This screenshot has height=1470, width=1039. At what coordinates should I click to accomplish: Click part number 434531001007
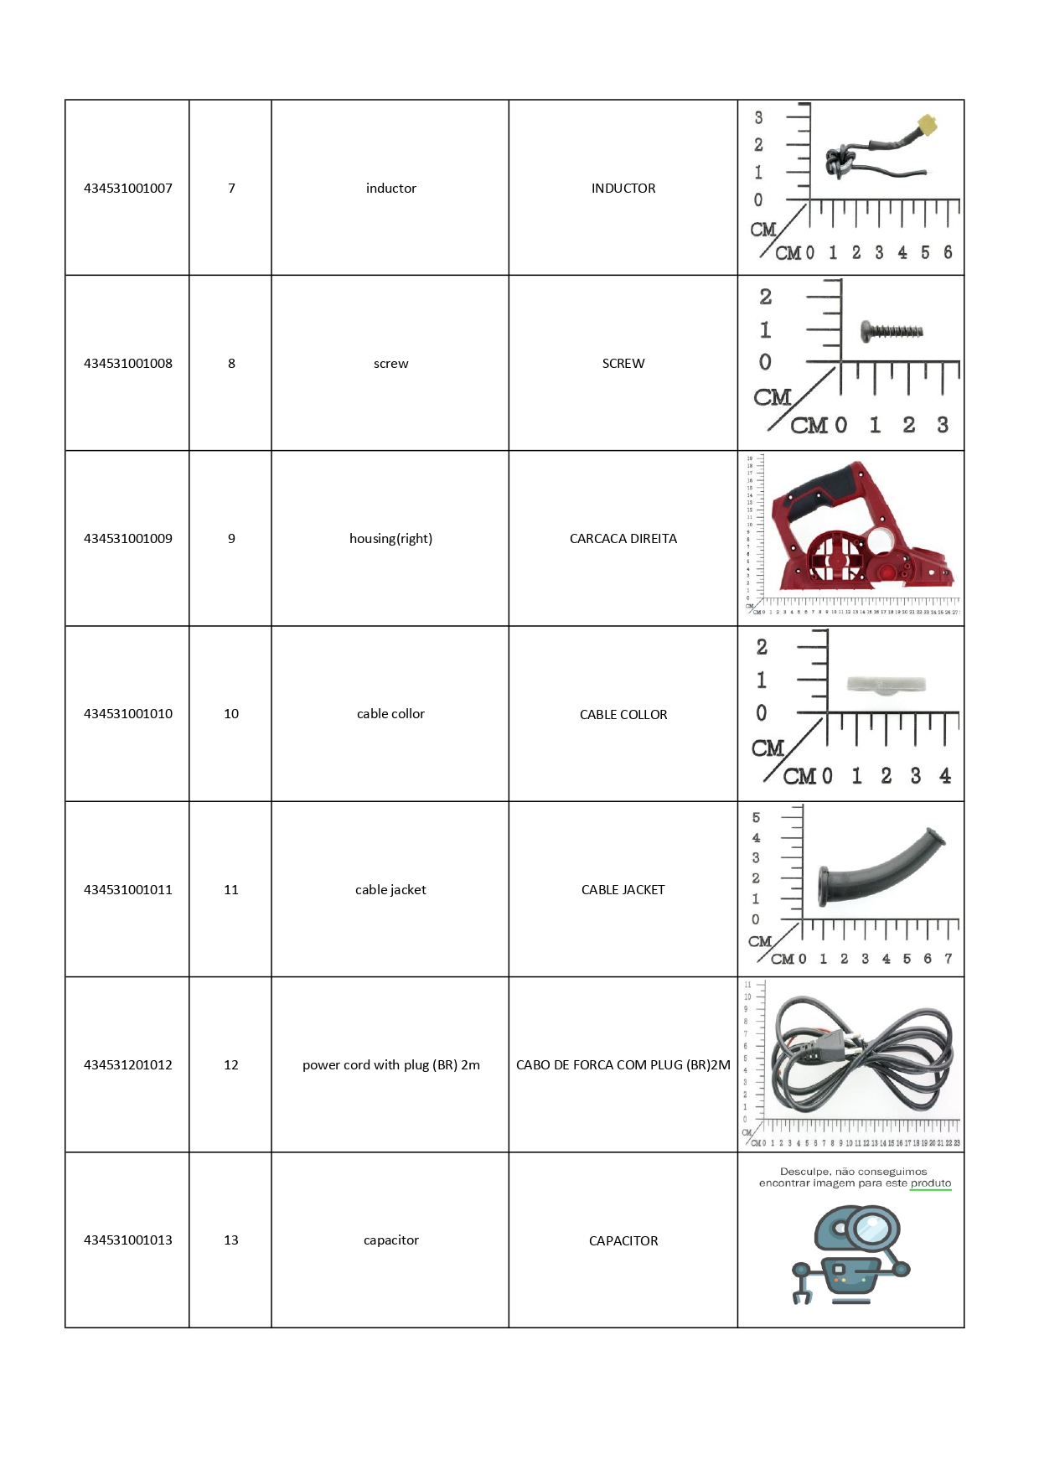pyautogui.click(x=127, y=189)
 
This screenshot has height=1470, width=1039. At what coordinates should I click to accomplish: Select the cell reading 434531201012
pyautogui.click(x=127, y=1065)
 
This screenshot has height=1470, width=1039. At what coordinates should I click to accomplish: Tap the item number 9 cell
pyautogui.click(x=231, y=539)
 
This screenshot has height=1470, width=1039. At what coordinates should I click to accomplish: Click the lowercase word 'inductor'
pyautogui.click(x=390, y=189)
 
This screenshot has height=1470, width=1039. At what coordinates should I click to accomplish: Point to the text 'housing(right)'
pyautogui.click(x=390, y=539)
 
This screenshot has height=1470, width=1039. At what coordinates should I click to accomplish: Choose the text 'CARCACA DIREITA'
pyautogui.click(x=623, y=539)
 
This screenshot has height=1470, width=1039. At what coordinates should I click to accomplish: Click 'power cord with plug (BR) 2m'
pyautogui.click(x=390, y=1065)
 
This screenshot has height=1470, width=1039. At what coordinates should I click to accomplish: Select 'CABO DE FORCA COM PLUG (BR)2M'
pyautogui.click(x=623, y=1065)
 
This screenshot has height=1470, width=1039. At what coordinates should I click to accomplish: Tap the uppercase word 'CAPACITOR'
pyautogui.click(x=623, y=1241)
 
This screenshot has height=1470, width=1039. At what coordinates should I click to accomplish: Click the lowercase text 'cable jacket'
pyautogui.click(x=390, y=890)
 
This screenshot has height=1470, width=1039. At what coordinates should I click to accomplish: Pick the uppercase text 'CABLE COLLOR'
pyautogui.click(x=623, y=715)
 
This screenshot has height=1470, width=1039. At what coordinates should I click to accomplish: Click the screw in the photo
pyautogui.click(x=892, y=331)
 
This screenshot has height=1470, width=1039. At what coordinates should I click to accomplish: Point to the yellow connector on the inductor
pyautogui.click(x=927, y=127)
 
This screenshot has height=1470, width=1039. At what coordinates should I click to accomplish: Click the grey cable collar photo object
pyautogui.click(x=886, y=686)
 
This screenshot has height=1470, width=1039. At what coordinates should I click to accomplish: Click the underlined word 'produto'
pyautogui.click(x=930, y=1183)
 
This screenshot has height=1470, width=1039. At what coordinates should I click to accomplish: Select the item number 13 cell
pyautogui.click(x=231, y=1240)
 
